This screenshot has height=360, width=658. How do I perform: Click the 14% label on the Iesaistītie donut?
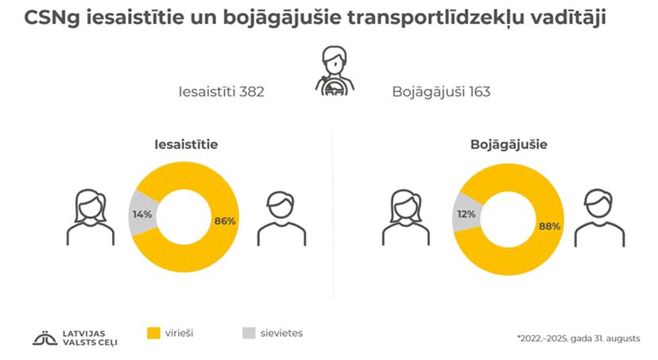[142, 214]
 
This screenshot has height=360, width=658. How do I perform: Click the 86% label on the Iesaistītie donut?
[225, 220]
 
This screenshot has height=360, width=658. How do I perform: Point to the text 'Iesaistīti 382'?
[221, 91]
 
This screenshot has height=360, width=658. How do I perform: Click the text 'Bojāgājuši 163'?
[441, 91]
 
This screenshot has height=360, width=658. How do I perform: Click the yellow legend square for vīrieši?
[156, 335]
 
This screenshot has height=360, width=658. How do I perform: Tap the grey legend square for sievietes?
[248, 335]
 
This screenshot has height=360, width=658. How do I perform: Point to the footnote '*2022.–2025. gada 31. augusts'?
[577, 339]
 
